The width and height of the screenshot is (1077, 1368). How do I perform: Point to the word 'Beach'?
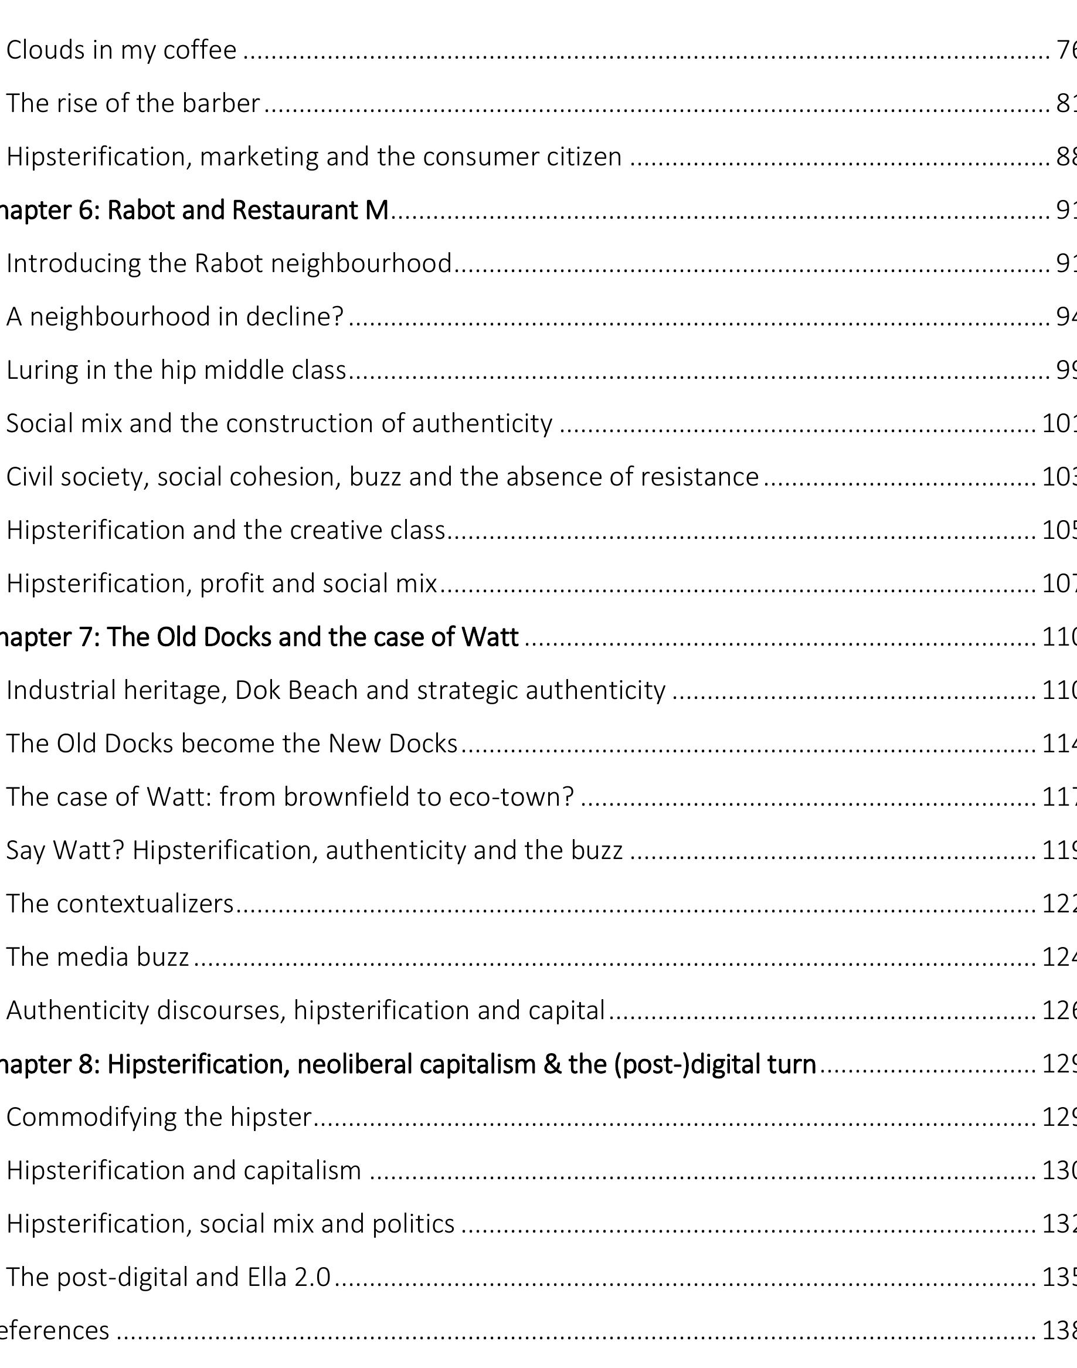(323, 691)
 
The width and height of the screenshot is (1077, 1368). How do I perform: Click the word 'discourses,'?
(222, 1010)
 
